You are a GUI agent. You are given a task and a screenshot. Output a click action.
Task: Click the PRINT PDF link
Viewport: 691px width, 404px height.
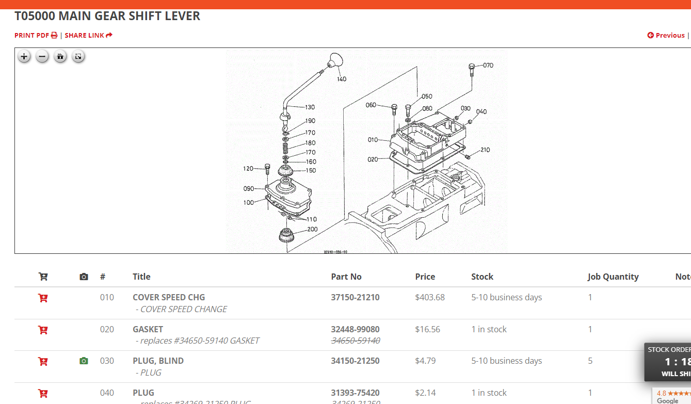click(36, 35)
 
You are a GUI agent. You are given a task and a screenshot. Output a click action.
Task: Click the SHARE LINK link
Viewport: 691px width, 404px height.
click(88, 35)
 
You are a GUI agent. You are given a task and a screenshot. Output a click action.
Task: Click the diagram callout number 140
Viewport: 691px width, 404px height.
click(342, 79)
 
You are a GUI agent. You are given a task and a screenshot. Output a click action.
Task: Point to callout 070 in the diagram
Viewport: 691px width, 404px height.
click(488, 66)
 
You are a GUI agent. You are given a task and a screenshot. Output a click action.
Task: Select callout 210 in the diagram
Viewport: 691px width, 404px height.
click(485, 150)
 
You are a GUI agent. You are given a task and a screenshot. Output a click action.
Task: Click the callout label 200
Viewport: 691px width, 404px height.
click(312, 229)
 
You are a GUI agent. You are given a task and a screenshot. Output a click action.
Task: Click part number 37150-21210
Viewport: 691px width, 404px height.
click(355, 297)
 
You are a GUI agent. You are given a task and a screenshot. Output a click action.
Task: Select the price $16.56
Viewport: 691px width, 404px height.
click(427, 329)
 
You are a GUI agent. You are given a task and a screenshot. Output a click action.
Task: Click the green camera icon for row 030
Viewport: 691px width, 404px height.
click(84, 361)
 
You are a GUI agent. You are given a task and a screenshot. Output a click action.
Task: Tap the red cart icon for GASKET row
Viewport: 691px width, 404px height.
click(43, 329)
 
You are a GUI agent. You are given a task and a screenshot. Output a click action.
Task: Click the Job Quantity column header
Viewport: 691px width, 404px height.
click(613, 277)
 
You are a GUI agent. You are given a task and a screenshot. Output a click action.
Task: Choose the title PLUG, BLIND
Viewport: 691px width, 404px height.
click(158, 361)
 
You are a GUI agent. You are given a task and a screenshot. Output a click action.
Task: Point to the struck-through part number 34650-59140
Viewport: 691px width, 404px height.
click(355, 341)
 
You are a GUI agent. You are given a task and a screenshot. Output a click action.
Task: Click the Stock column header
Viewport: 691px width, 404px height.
click(482, 277)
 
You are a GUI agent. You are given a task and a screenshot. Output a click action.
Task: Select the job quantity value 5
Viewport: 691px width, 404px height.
click(590, 361)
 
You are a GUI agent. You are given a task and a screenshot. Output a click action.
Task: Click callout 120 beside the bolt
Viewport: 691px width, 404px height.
click(248, 169)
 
